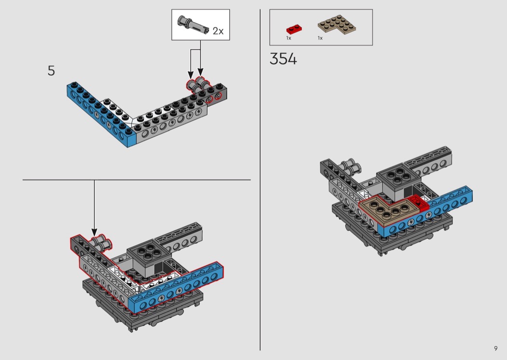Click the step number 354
coord(283,59)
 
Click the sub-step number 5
coord(51,71)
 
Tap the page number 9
coord(496,348)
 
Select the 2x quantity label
coord(218,31)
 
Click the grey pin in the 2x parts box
coord(193,25)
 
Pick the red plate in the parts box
coord(294,29)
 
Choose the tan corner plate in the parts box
coord(336,25)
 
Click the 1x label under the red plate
coord(288,38)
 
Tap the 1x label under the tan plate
coord(320,38)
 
